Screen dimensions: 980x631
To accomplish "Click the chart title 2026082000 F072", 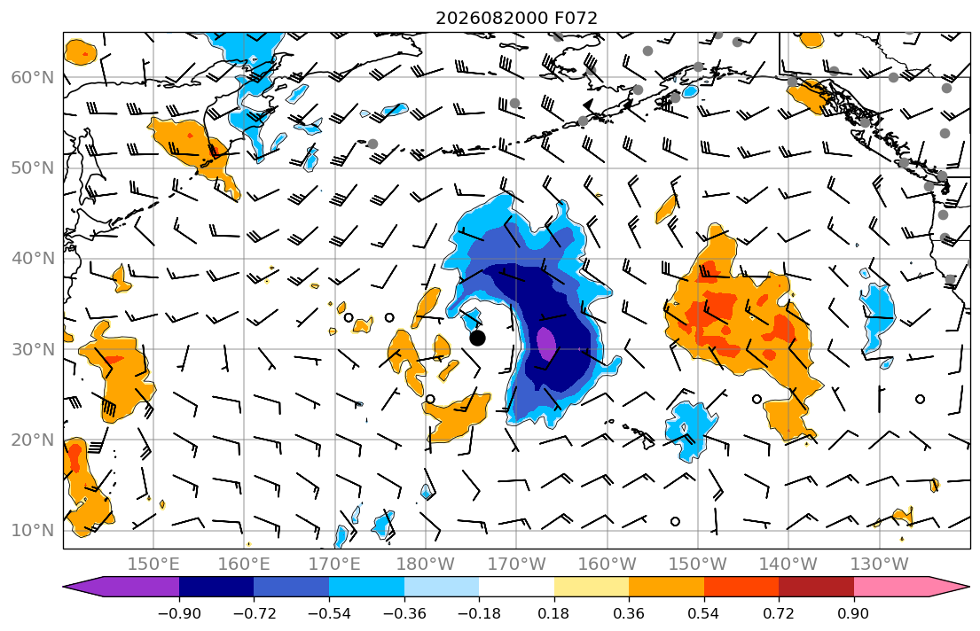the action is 516,18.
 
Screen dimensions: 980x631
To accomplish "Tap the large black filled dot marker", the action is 477,338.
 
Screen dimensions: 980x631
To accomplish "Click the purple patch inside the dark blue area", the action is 546,343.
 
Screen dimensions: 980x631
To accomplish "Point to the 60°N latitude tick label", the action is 33,77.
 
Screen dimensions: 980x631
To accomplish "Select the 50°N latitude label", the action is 33,168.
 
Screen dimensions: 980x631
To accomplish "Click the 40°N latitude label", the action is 33,258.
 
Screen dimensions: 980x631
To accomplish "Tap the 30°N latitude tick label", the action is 33,348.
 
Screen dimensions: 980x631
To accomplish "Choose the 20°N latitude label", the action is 33,440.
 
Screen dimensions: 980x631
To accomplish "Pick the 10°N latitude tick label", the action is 33,530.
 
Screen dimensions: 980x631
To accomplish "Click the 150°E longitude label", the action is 153,565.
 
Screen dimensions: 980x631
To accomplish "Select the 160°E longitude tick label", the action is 244,565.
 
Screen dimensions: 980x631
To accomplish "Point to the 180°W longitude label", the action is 426,565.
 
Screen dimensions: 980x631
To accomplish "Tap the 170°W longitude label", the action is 516,565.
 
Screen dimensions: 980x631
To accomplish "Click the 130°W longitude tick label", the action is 880,565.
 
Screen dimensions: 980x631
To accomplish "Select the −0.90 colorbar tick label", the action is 179,613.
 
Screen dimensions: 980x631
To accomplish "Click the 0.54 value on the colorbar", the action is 704,613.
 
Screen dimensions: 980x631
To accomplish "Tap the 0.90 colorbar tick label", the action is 854,613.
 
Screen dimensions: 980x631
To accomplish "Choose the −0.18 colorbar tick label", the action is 480,613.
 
